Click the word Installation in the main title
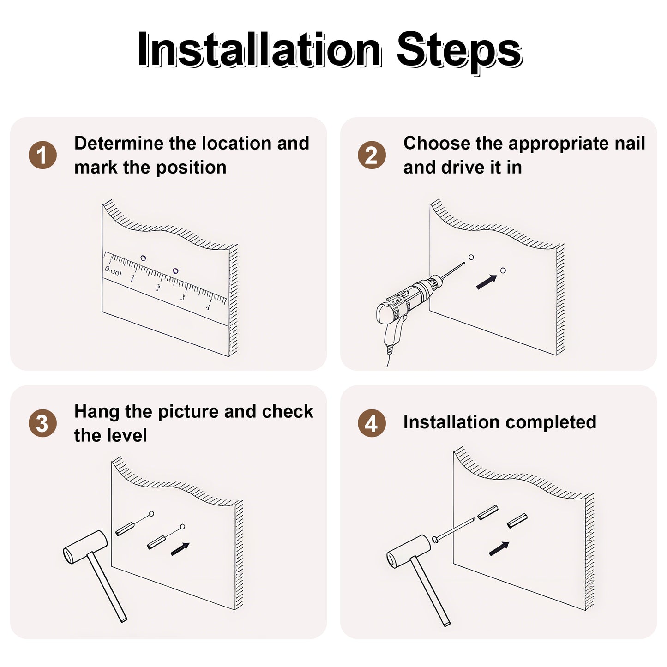click(259, 49)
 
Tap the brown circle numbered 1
click(42, 156)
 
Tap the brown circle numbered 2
click(372, 156)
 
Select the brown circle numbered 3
click(42, 423)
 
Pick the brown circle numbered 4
click(372, 423)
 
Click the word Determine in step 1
click(119, 143)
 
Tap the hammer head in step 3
click(85, 547)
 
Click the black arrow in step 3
click(180, 549)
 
